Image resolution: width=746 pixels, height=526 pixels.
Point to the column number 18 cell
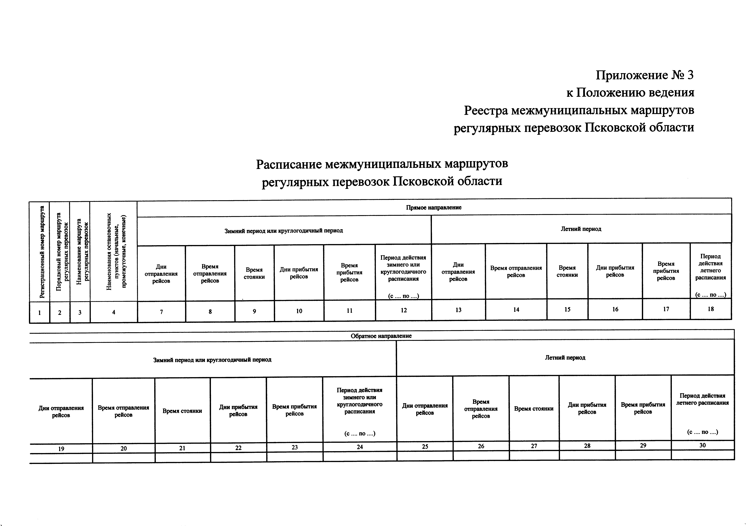pyautogui.click(x=711, y=309)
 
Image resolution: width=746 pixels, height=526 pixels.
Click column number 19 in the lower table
pyautogui.click(x=61, y=449)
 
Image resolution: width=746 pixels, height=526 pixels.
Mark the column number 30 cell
pyautogui.click(x=702, y=445)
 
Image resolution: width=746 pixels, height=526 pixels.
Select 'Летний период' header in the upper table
pyautogui.click(x=581, y=229)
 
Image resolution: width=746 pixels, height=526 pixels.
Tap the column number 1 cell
pyautogui.click(x=40, y=313)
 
